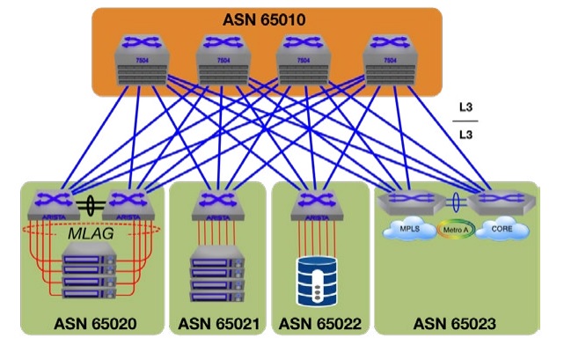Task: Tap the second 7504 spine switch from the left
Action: [223, 61]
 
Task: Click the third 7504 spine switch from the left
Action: [303, 61]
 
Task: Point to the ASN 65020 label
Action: [94, 323]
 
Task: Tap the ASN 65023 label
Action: [455, 323]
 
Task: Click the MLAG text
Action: [92, 235]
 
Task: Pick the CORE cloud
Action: [502, 229]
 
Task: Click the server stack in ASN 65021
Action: [217, 272]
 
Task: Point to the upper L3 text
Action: [468, 108]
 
